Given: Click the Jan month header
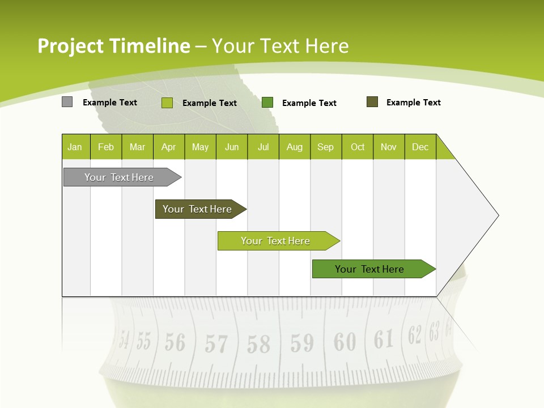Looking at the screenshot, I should [x=75, y=147].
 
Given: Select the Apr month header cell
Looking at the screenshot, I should [x=168, y=147].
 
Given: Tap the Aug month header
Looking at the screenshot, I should [x=294, y=147].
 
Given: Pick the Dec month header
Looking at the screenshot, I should [x=420, y=147].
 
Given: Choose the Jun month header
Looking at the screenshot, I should [x=232, y=147].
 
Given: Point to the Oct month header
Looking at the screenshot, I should [x=358, y=147].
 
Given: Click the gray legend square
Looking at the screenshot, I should [x=67, y=102].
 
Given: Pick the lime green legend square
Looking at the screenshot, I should [x=167, y=103].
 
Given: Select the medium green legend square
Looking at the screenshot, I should [x=267, y=103].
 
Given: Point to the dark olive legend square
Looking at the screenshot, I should [x=372, y=102].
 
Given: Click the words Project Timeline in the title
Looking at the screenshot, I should [x=113, y=46].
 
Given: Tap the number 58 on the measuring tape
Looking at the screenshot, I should [x=258, y=343].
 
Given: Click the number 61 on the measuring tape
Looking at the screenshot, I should [x=384, y=339].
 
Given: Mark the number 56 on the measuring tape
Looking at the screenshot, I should [x=175, y=342].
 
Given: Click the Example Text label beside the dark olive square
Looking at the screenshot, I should [x=413, y=103].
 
